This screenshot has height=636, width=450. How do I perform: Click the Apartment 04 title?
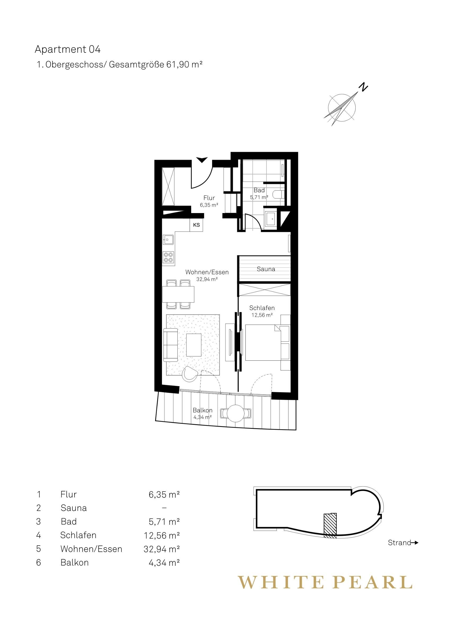(68, 49)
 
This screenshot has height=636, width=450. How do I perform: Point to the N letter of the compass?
(363, 87)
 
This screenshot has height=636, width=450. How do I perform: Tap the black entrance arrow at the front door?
(202, 160)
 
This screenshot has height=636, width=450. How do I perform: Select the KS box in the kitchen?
(196, 225)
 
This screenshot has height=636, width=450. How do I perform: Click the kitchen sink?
(168, 239)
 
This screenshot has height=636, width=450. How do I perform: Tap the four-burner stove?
(168, 257)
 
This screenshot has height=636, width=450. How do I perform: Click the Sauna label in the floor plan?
(266, 269)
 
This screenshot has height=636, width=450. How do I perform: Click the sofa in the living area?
(170, 345)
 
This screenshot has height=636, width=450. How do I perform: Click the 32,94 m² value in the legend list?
(162, 549)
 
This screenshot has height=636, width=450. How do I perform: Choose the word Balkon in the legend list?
(75, 563)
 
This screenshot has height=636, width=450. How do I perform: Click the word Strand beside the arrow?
(400, 543)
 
